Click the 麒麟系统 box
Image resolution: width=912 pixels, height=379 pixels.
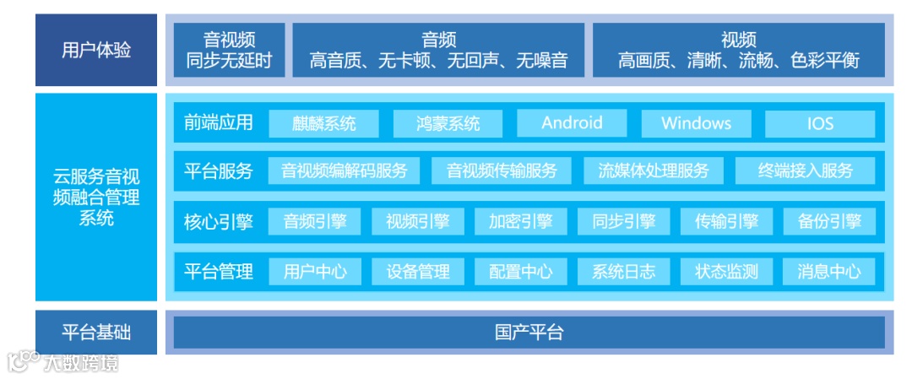pos(324,123)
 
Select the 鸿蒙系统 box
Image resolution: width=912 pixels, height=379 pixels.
pos(448,123)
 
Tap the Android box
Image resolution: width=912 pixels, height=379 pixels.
pos(572,122)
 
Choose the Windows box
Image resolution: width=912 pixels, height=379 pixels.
pos(696,123)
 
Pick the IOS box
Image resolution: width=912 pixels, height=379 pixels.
pos(819,123)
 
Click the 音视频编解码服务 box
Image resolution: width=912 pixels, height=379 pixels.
pos(345,171)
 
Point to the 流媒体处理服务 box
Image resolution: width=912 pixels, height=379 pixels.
pos(654,171)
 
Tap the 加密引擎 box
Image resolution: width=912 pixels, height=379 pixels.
pos(520,221)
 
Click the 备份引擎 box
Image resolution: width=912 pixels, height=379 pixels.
pos(828,221)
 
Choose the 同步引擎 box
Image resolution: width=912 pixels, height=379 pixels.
pos(623,221)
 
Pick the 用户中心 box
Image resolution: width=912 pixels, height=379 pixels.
pos(314,271)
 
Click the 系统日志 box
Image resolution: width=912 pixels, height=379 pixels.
pos(623,271)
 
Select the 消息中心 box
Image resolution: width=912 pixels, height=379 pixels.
pos(828,271)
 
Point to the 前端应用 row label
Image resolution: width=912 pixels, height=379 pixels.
pos(218,122)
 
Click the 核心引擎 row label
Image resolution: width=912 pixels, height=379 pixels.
pos(218,222)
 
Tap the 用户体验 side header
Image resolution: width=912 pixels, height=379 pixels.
pos(96,50)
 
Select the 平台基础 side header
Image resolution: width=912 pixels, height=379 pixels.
pos(96,332)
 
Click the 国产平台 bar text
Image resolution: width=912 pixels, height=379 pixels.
pos(529,332)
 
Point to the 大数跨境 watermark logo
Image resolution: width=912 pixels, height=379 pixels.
pos(62,362)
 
